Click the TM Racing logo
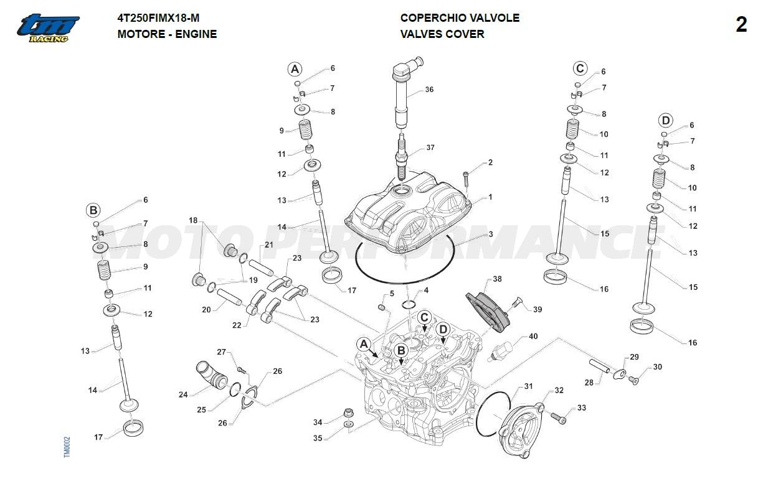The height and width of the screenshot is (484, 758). pyautogui.click(x=48, y=29)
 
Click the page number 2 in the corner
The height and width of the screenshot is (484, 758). pyautogui.click(x=741, y=25)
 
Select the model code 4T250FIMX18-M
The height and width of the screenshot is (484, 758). pyautogui.click(x=158, y=18)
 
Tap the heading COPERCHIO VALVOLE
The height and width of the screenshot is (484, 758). pyautogui.click(x=460, y=18)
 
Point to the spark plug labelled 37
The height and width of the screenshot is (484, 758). pyautogui.click(x=402, y=156)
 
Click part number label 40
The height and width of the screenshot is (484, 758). pyautogui.click(x=533, y=337)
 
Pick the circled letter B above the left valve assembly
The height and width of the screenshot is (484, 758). pyautogui.click(x=93, y=210)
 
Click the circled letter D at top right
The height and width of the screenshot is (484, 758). pyautogui.click(x=666, y=120)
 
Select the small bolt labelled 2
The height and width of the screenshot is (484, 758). pyautogui.click(x=466, y=179)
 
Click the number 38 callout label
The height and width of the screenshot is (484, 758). pyautogui.click(x=497, y=279)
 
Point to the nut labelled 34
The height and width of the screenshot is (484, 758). pyautogui.click(x=349, y=413)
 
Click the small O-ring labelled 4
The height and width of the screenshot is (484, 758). pyautogui.click(x=409, y=305)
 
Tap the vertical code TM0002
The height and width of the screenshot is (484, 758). pyautogui.click(x=67, y=447)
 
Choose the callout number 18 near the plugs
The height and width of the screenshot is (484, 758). pyautogui.click(x=193, y=220)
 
